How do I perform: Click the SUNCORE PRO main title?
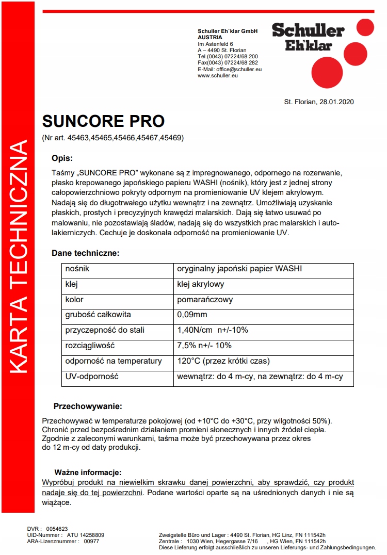[103, 121]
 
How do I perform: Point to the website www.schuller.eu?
[217, 75]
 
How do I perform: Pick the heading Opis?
[62, 158]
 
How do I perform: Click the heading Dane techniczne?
[85, 253]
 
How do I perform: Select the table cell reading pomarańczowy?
[205, 299]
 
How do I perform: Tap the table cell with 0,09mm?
[192, 315]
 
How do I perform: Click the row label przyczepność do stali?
[105, 330]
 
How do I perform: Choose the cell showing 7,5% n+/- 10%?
[204, 346]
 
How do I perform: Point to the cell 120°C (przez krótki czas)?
[223, 361]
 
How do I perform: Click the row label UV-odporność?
[91, 377]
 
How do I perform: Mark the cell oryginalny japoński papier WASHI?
[239, 269]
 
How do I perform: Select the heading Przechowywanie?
[88, 406]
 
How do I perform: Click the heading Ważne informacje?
[88, 472]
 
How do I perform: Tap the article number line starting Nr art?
[113, 138]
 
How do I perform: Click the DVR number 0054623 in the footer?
[57, 529]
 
